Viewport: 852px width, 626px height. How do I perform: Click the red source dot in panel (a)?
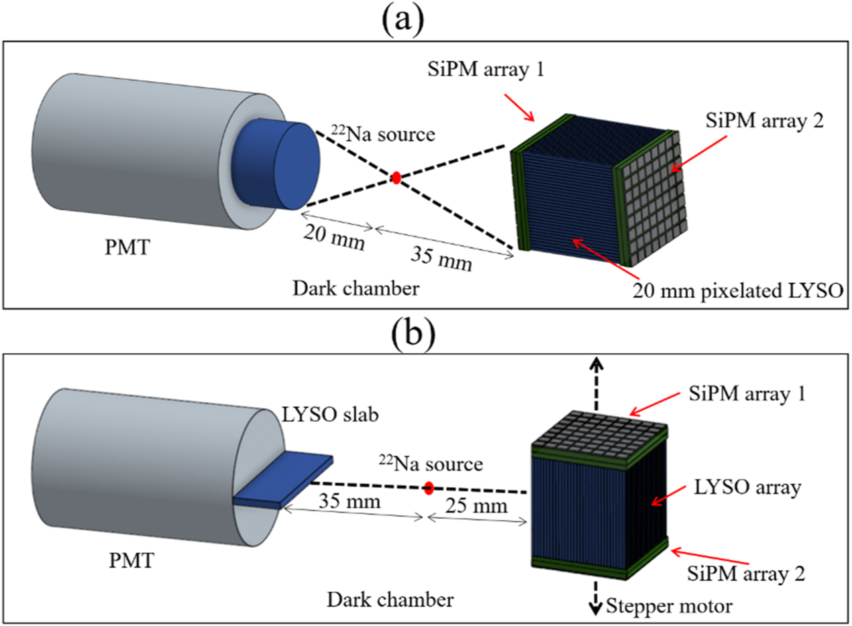pyautogui.click(x=396, y=178)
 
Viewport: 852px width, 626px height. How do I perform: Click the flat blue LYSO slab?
pyautogui.click(x=282, y=479)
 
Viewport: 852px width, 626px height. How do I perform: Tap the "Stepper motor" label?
pyautogui.click(x=668, y=607)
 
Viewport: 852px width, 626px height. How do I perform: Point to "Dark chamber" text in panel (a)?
pyautogui.click(x=356, y=288)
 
